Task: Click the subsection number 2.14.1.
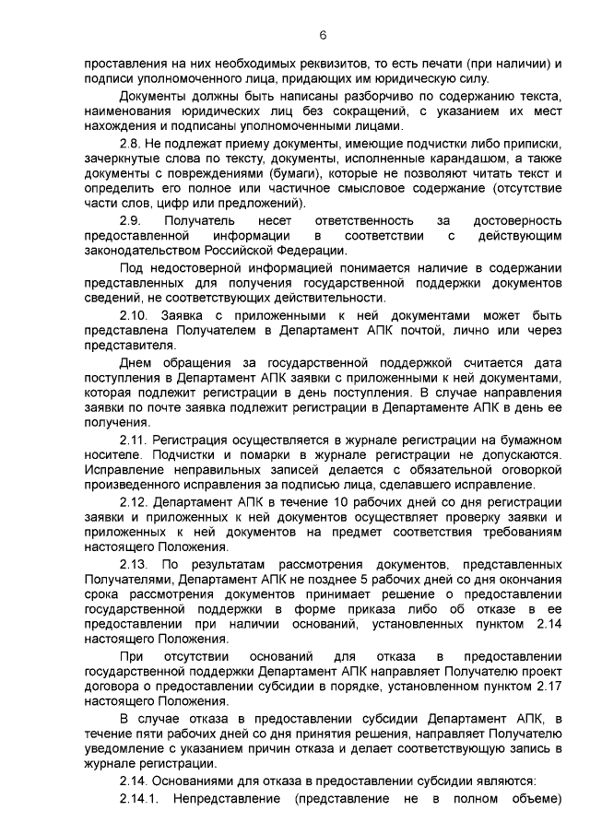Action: (x=140, y=796)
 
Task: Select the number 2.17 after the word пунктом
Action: (x=546, y=686)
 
